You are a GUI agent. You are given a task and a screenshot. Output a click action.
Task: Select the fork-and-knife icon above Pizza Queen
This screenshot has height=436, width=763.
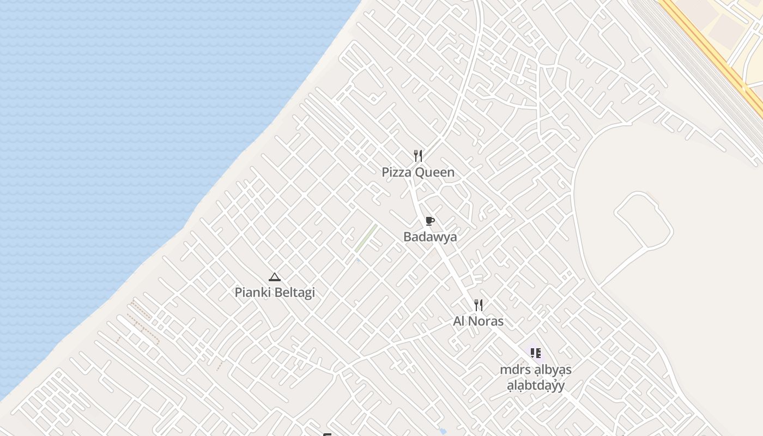point(418,156)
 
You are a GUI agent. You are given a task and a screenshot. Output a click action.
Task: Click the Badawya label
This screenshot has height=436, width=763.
point(430,237)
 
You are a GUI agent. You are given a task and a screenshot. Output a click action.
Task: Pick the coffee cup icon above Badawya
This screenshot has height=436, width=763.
point(430,221)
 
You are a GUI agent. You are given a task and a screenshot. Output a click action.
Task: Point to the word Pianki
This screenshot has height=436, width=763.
point(252,293)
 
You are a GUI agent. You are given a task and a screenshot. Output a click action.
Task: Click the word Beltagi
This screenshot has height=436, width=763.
point(294,293)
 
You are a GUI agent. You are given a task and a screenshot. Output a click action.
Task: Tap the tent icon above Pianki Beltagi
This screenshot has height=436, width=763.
point(275,277)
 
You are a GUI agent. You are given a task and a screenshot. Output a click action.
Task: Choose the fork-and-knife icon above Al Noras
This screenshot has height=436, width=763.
point(479,305)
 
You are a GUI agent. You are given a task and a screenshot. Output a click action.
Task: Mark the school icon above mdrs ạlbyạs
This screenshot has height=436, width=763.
point(536,353)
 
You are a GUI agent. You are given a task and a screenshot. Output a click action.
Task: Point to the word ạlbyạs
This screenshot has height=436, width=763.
point(552,370)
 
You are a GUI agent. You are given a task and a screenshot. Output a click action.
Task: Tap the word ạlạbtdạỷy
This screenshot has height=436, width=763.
point(536,386)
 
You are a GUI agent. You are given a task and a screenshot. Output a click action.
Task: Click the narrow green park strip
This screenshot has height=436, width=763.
point(366,238)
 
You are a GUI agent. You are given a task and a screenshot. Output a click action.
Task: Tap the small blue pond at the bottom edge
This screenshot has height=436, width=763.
point(443,432)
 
